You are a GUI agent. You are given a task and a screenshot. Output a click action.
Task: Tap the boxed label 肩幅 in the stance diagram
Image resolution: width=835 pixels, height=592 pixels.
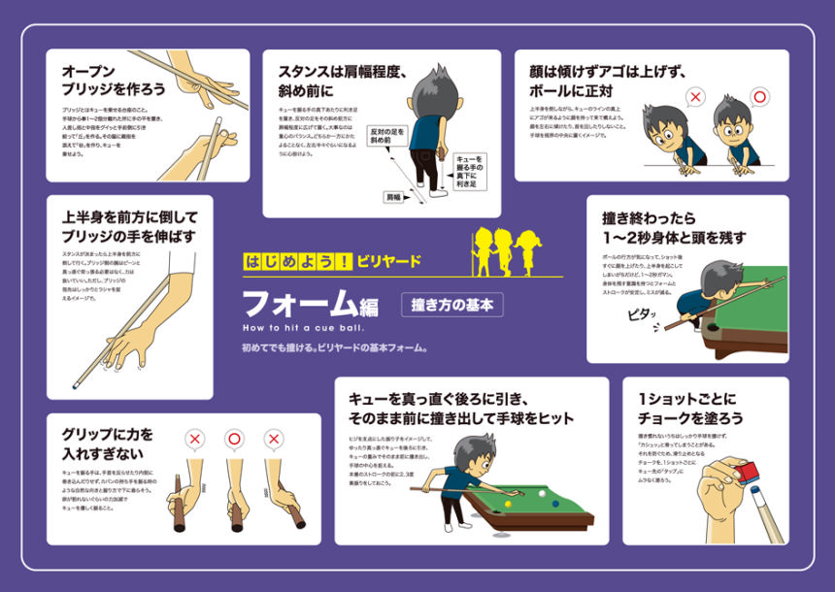coord(393,196)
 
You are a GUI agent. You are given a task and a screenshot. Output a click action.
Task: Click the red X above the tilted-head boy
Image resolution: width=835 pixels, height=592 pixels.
coord(695,97)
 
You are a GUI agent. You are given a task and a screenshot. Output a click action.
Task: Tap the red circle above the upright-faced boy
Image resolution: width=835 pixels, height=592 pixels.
coord(759,97)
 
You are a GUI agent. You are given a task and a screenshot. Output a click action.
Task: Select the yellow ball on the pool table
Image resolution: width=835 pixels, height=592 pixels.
coord(506,504)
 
